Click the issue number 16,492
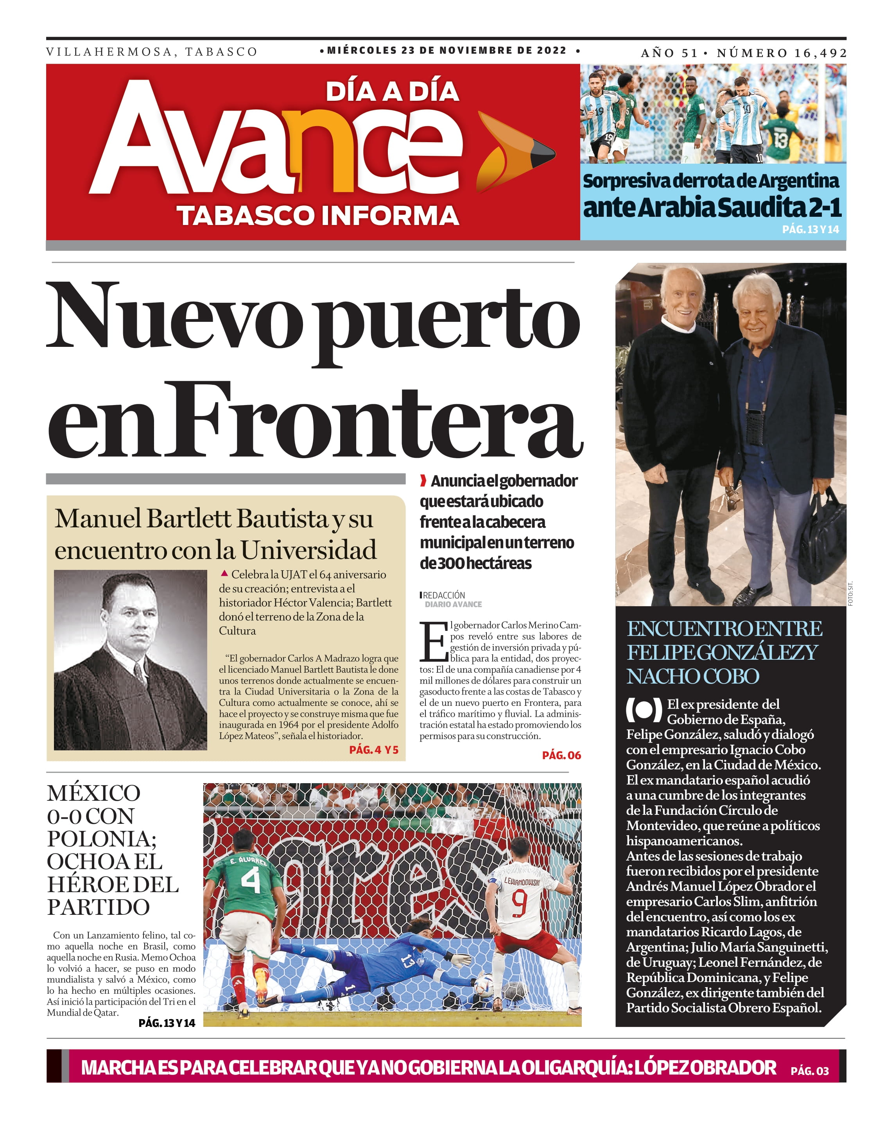pyautogui.click(x=820, y=53)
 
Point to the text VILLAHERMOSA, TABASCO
pyautogui.click(x=152, y=52)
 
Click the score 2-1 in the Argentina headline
pyautogui.click(x=825, y=207)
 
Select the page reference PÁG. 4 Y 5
pyautogui.click(x=373, y=750)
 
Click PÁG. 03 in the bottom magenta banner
pyautogui.click(x=809, y=1071)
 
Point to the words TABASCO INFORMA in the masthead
pyautogui.click(x=317, y=216)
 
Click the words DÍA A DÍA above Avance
pyautogui.click(x=392, y=92)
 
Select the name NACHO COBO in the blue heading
pyautogui.click(x=692, y=677)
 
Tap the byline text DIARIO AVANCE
pyautogui.click(x=453, y=604)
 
